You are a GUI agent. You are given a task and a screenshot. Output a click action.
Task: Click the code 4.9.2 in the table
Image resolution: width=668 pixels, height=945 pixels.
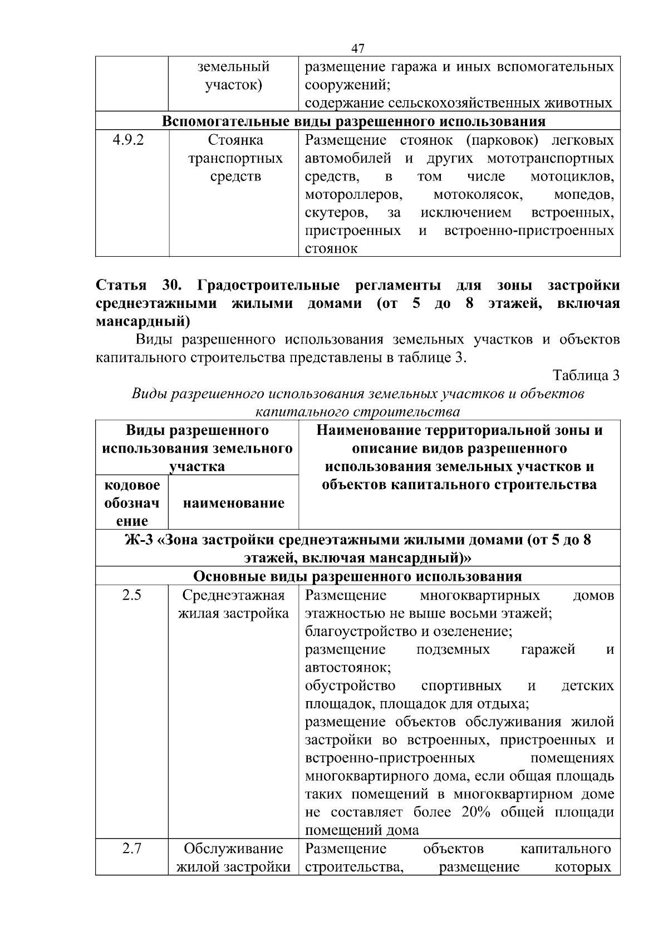[129, 140]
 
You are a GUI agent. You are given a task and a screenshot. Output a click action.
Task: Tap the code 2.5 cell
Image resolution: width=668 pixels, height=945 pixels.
[132, 595]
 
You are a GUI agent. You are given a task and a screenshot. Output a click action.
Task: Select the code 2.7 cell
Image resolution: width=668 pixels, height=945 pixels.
[132, 849]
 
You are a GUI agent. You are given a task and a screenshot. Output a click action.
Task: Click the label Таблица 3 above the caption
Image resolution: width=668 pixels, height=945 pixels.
[586, 375]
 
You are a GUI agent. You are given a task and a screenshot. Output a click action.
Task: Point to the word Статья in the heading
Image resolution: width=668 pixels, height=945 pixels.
[121, 286]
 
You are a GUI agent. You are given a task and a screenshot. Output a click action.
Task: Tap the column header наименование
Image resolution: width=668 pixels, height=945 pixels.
[233, 503]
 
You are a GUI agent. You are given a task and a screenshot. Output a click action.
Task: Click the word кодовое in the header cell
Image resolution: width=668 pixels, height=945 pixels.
[132, 485]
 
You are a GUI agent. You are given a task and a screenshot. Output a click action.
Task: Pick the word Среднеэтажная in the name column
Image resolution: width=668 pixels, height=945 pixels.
[233, 595]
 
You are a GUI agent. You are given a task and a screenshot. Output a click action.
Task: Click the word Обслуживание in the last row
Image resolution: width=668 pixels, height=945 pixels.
[233, 849]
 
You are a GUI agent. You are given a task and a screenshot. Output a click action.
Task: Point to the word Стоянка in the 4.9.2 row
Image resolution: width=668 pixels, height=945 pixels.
[235, 140]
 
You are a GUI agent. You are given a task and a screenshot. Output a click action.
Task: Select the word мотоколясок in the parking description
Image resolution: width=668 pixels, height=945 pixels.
[478, 195]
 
